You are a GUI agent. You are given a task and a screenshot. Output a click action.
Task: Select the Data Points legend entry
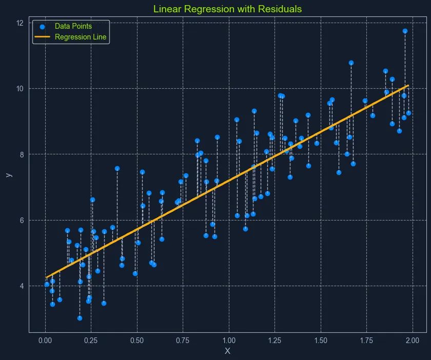[73, 26]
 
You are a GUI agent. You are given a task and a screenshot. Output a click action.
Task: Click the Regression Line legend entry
[81, 37]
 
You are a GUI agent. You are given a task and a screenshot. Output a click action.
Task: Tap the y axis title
[8, 175]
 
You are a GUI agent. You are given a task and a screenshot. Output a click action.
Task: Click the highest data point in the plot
[405, 31]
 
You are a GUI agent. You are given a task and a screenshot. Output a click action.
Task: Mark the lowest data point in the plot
[80, 318]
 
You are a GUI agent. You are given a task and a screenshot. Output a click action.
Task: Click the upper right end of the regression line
[408, 85]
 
